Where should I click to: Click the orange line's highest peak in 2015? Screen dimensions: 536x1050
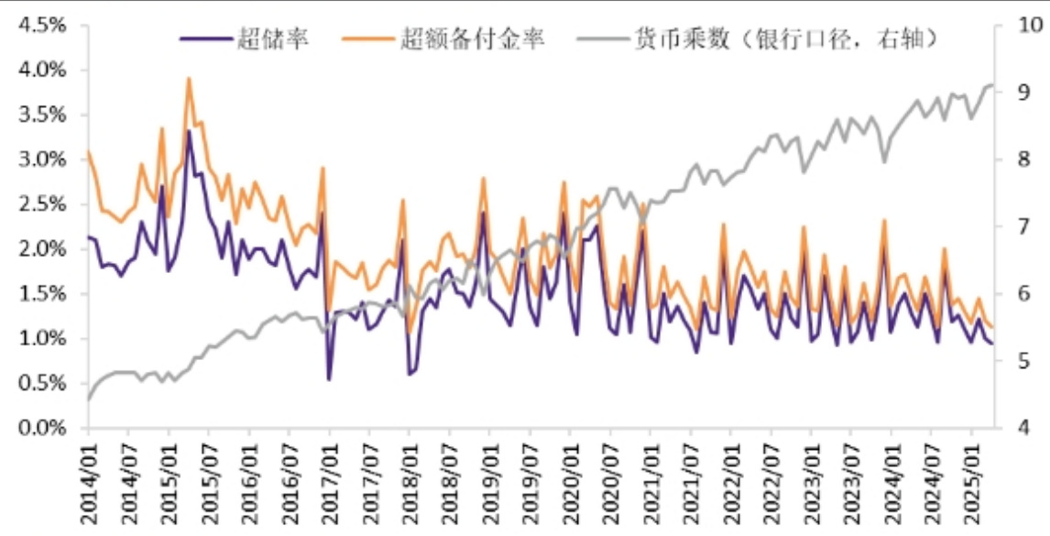[x=189, y=79]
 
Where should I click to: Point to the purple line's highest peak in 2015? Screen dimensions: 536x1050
[x=189, y=131]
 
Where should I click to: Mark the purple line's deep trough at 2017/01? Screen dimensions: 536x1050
[x=329, y=379]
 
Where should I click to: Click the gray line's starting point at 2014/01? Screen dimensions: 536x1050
[x=89, y=399]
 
